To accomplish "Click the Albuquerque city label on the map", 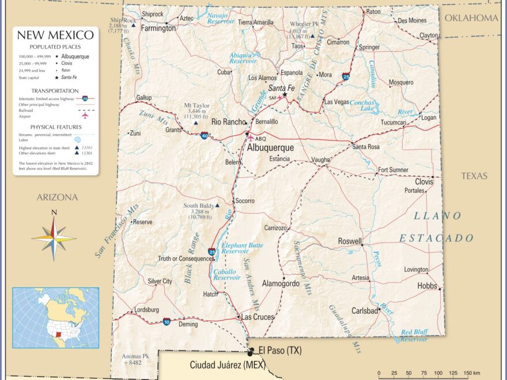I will [270, 147].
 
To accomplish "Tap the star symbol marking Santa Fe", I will [285, 94].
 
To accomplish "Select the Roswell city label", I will [350, 241].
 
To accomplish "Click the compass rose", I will [54, 237].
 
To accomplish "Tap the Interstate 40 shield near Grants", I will [205, 136].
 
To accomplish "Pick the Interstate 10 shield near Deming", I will [166, 321].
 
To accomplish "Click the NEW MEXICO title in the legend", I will [55, 35].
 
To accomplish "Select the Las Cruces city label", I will [258, 317].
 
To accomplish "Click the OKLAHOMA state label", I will [471, 18].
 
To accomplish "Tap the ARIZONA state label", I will [57, 197].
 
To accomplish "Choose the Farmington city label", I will [158, 28].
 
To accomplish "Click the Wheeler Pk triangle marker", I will [312, 36].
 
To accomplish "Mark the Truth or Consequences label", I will [186, 259].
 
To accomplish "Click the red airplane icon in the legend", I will [85, 115].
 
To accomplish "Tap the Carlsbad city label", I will [365, 311].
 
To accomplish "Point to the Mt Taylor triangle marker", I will [196, 123].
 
